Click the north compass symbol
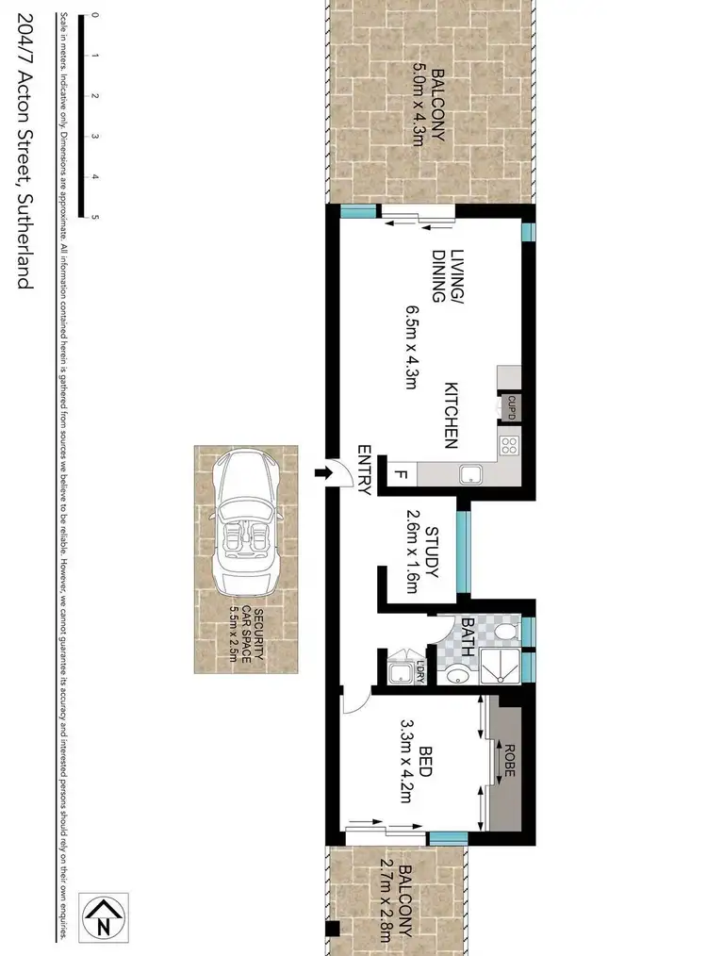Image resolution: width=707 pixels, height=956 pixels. click(104, 916)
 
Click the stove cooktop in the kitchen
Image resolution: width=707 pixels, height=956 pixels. click(509, 444)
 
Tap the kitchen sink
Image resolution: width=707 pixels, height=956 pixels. click(467, 474)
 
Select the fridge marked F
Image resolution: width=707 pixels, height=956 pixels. click(400, 474)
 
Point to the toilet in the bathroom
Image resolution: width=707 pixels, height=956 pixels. click(504, 629)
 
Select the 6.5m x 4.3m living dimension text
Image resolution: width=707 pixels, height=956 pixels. click(411, 354)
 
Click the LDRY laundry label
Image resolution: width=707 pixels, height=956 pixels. click(419, 673)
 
